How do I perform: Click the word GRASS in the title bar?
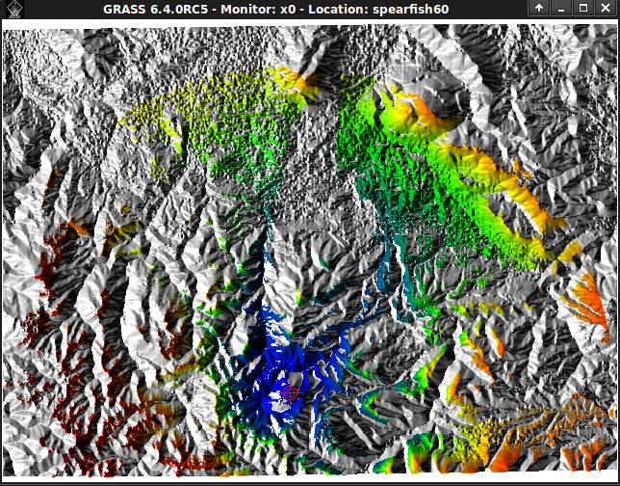coord(123,8)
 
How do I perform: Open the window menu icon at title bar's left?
coord(11,8)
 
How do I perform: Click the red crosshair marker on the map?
coord(290,392)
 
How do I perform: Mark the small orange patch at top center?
coord(298,81)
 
